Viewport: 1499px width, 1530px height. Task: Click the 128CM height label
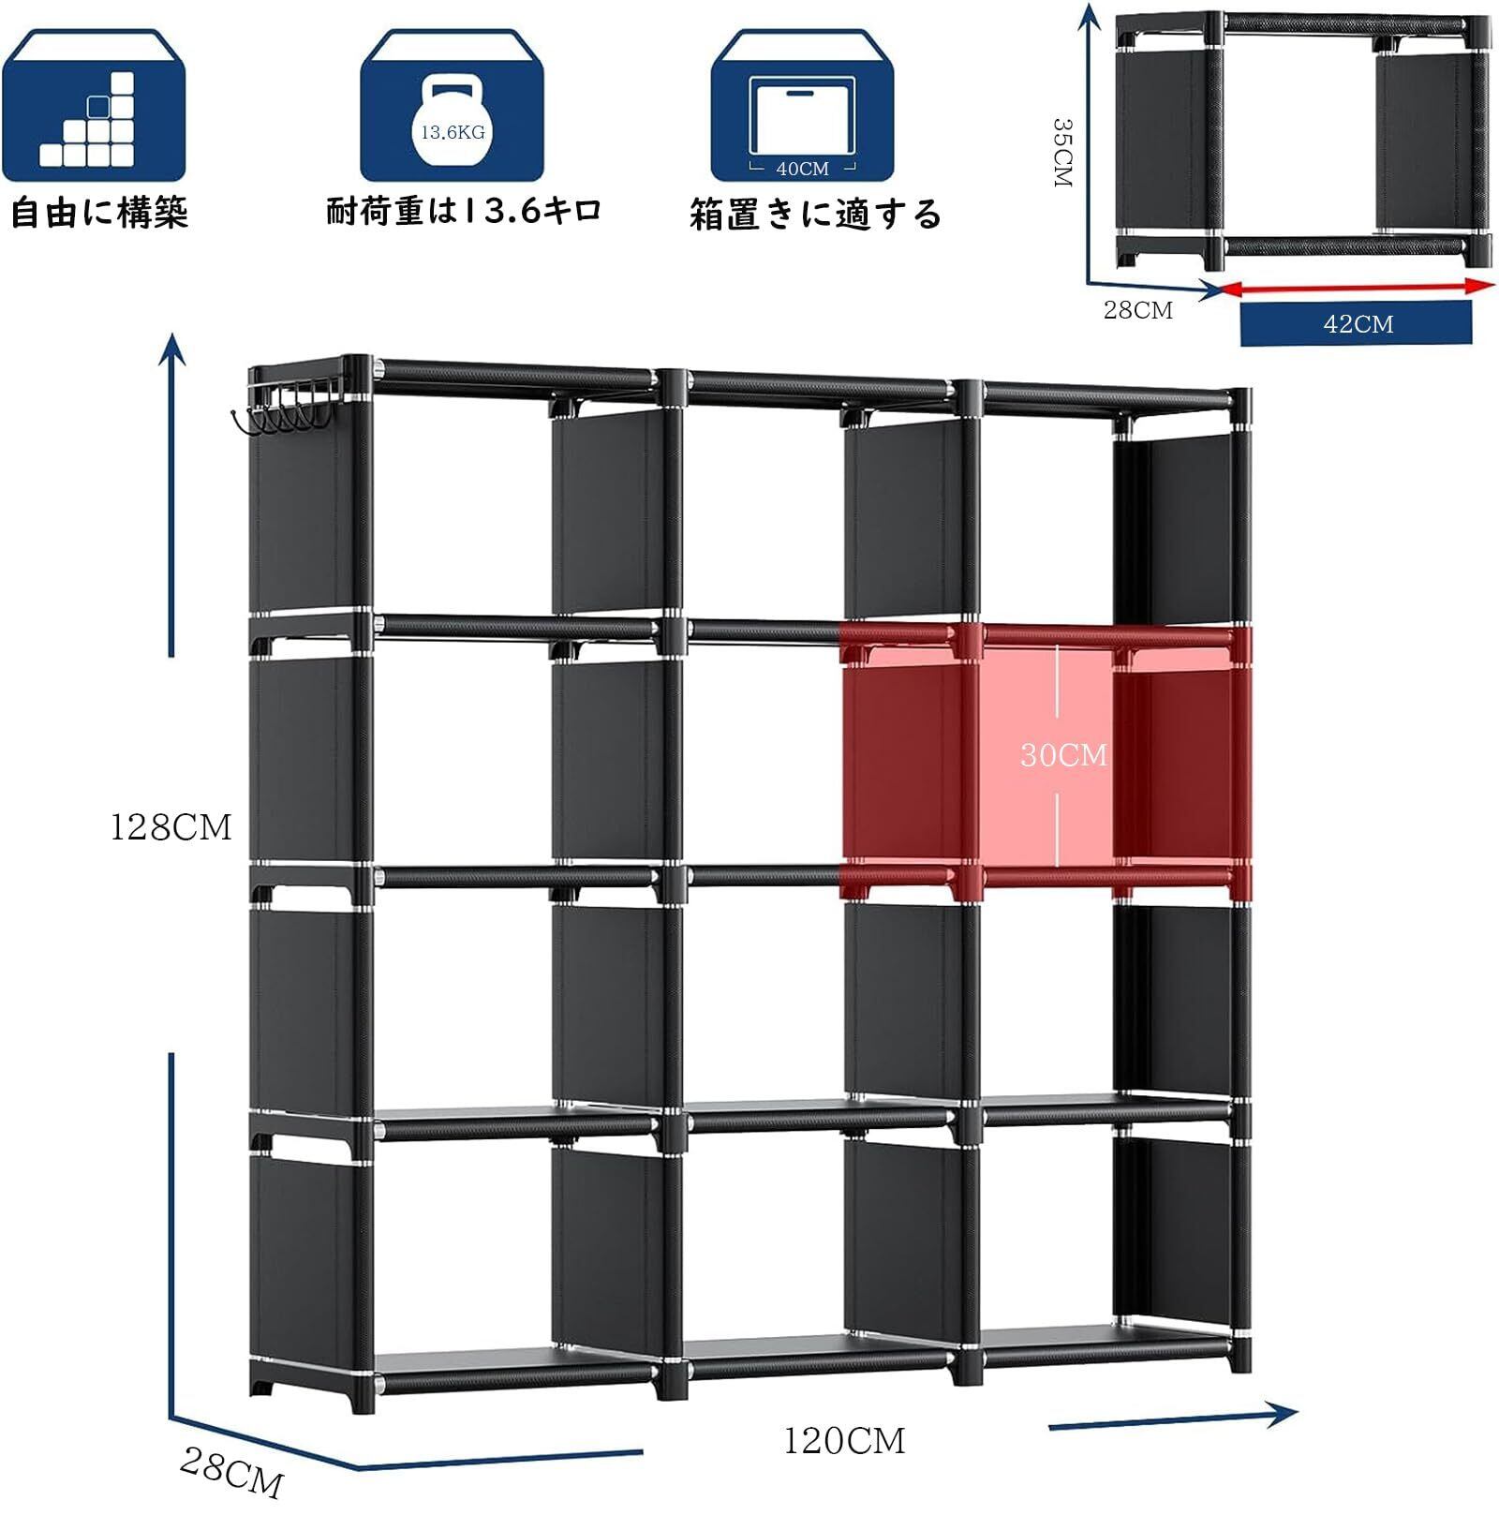tap(171, 828)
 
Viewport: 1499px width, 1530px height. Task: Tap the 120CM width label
tap(844, 1441)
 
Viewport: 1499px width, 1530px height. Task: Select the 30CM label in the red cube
tap(1063, 755)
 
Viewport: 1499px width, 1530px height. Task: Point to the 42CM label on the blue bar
tap(1358, 324)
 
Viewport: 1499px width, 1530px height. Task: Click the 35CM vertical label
tap(1062, 152)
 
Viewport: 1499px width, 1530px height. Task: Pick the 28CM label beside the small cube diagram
tap(1137, 310)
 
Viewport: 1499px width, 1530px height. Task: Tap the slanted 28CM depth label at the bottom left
tap(230, 1472)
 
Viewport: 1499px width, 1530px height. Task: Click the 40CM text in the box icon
tap(803, 169)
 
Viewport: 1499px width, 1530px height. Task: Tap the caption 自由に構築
tap(99, 213)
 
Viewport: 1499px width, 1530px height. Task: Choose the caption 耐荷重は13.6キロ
tap(464, 211)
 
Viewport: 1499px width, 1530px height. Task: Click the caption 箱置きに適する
tap(815, 215)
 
